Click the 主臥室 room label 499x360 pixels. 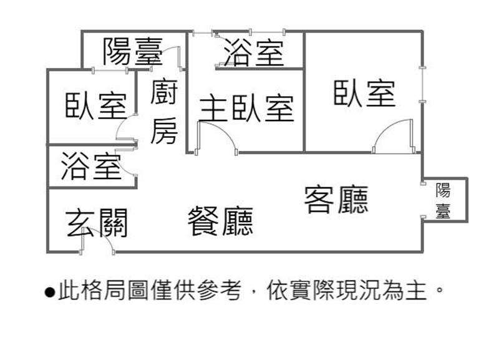[x=246, y=108]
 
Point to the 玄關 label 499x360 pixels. [x=97, y=223]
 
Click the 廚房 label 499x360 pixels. [x=164, y=112]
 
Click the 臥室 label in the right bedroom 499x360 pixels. [x=365, y=92]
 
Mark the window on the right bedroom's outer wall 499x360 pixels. [x=424, y=84]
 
